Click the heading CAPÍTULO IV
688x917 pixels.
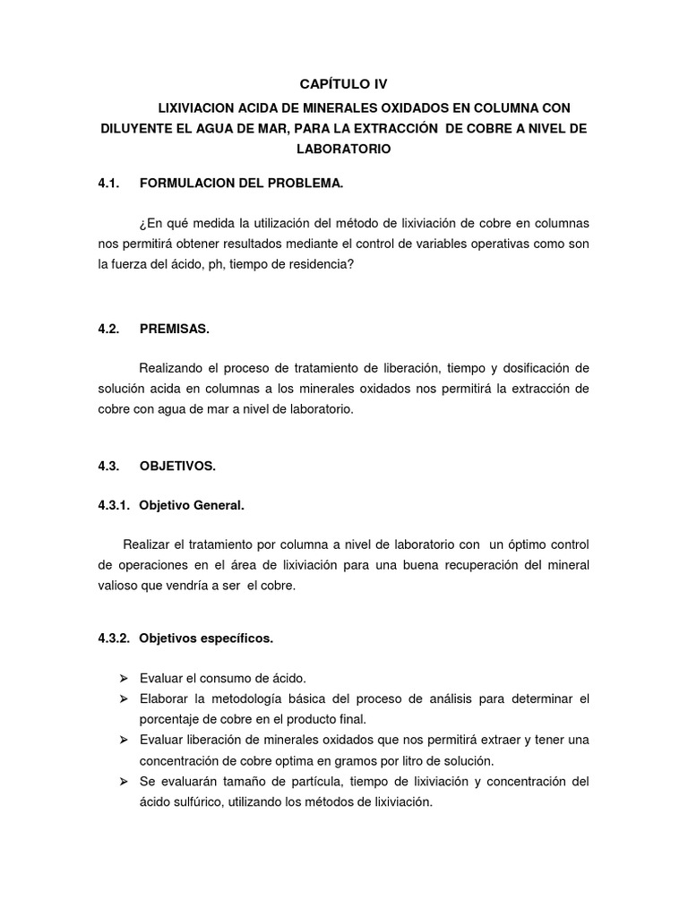click(344, 84)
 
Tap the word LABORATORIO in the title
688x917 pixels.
click(344, 149)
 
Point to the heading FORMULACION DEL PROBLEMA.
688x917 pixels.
click(241, 184)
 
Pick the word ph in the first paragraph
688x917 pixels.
click(199, 264)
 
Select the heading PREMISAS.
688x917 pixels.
click(174, 329)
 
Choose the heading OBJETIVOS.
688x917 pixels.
click(177, 466)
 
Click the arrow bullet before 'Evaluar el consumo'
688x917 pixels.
click(124, 678)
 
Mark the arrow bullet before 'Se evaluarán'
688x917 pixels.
click(124, 782)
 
